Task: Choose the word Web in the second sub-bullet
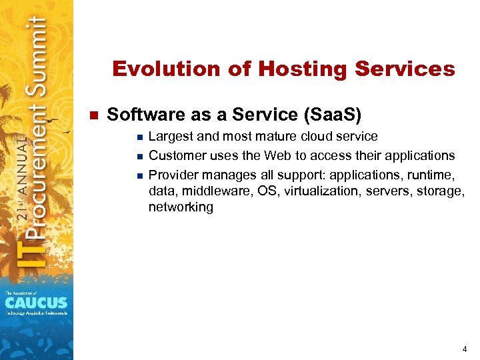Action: tap(280, 156)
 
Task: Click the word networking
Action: tap(181, 208)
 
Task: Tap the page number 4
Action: tap(464, 349)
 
